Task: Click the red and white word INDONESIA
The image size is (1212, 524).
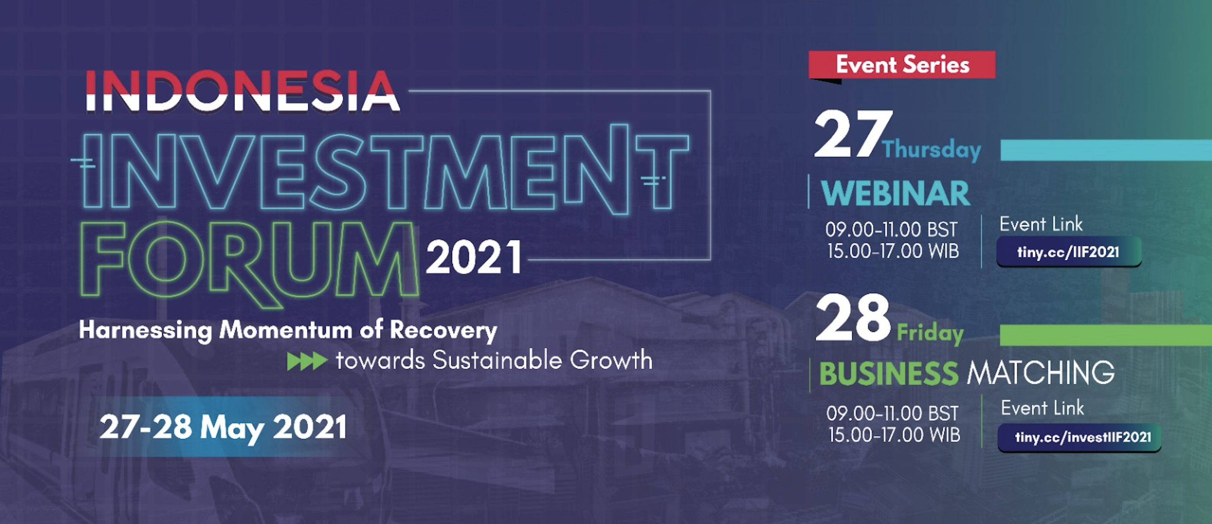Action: point(243,91)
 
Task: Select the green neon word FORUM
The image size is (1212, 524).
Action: point(249,264)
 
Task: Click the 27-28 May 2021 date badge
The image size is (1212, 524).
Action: point(223,427)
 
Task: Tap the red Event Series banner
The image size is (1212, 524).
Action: point(902,65)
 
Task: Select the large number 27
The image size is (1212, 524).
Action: point(853,134)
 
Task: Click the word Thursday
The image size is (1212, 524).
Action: point(932,149)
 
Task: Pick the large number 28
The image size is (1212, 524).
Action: point(853,318)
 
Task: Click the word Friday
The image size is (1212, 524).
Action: point(930,333)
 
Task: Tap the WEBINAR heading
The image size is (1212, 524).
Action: point(896,193)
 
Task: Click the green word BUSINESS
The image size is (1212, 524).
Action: point(889,374)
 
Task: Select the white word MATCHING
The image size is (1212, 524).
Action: point(1041,373)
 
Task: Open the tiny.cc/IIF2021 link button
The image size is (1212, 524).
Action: point(1069,252)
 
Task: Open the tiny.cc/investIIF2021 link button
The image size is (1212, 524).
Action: point(1080,437)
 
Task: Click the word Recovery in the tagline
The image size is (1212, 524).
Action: point(443,331)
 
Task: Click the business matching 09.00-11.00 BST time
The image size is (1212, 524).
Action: point(893,414)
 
